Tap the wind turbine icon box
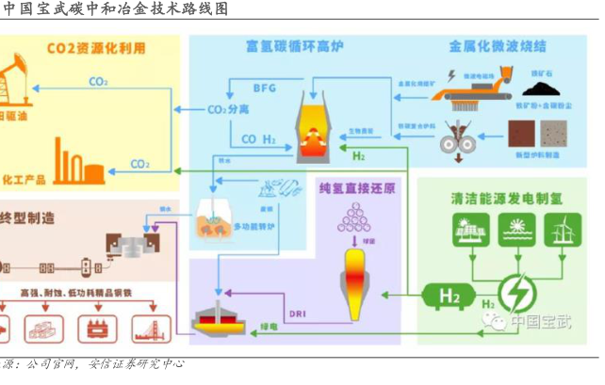(569, 229)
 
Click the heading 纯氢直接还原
(355, 186)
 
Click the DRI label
(298, 312)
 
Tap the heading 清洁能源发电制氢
(504, 198)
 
